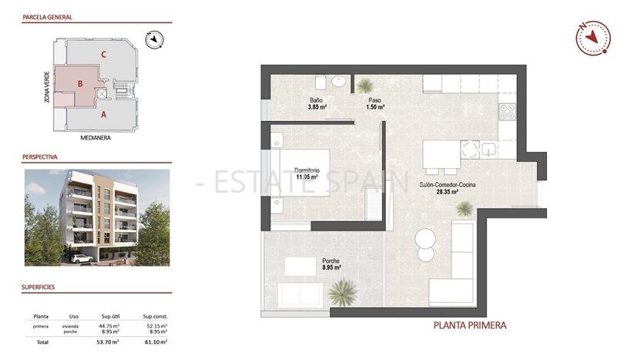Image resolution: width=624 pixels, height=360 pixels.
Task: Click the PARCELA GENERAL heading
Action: point(48,15)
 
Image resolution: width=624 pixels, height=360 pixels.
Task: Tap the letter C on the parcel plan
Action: point(102,54)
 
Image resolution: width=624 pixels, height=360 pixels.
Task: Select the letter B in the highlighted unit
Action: point(79,83)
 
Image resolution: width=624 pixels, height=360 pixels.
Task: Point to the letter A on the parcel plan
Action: point(103,114)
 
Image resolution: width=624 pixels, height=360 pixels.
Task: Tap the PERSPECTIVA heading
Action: point(40,156)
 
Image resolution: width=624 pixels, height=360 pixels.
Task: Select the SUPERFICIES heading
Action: point(39,288)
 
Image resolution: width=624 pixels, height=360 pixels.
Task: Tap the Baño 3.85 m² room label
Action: point(317,104)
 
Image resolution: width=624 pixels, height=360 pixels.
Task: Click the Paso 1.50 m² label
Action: point(374,104)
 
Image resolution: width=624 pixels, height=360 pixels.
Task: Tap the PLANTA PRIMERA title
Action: point(470,325)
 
